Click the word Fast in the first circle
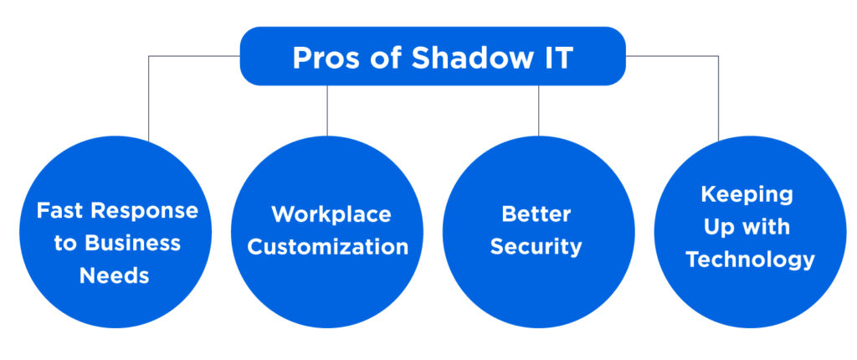[x=61, y=210]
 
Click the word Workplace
[x=331, y=214]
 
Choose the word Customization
[x=328, y=247]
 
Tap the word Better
[x=536, y=214]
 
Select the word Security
[x=536, y=247]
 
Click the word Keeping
[x=747, y=194]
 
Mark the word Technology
[x=750, y=260]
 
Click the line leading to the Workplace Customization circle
[x=327, y=109]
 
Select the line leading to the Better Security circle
[x=538, y=109]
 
